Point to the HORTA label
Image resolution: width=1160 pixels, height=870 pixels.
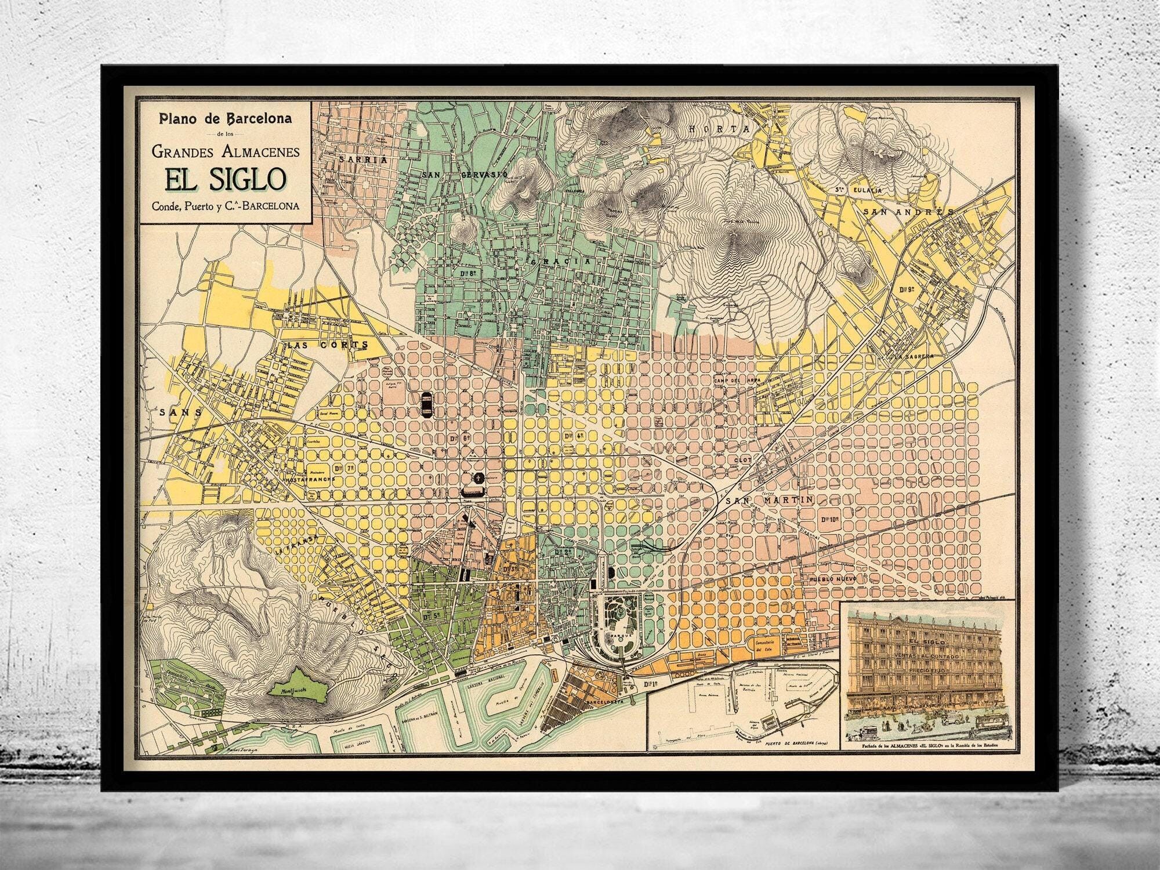[x=720, y=129]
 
